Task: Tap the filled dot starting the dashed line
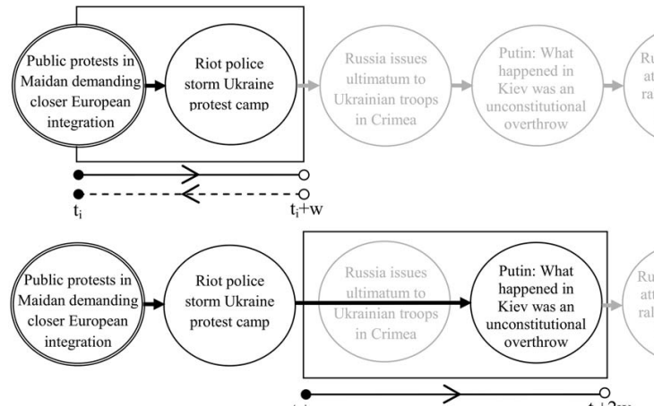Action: click(79, 193)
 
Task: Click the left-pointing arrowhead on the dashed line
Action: click(190, 193)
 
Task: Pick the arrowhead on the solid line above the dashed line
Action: click(190, 173)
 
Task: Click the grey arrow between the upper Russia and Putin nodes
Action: click(461, 86)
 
